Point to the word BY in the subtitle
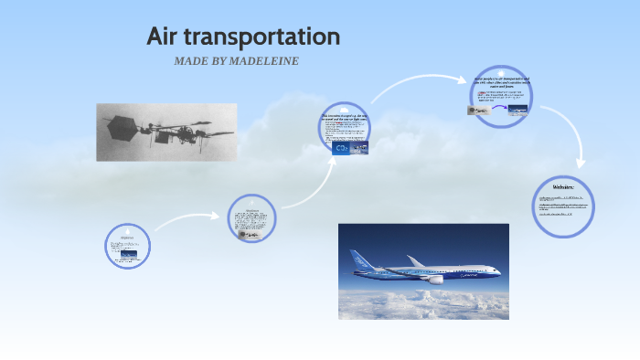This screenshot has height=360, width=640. pos(228,61)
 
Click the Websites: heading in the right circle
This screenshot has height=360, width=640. pos(563,186)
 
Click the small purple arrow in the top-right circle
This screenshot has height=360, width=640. pos(498,109)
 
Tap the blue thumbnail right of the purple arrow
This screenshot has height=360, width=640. pos(518,111)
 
